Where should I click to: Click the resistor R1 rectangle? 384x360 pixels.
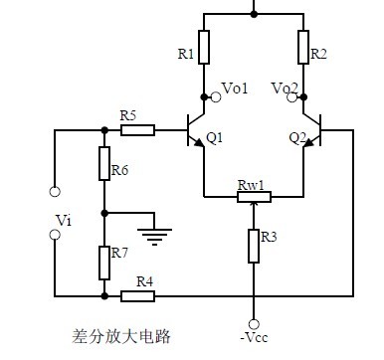click(x=204, y=47)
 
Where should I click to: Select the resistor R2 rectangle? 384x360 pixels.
click(x=303, y=47)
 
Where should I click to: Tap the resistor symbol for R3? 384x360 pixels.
click(x=254, y=246)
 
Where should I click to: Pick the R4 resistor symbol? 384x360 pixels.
click(x=137, y=296)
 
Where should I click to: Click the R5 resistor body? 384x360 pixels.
click(x=137, y=130)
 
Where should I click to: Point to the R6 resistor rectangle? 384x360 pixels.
click(x=104, y=163)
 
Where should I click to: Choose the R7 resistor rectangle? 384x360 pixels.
click(x=104, y=263)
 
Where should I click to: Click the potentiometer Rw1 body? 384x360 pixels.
click(x=254, y=197)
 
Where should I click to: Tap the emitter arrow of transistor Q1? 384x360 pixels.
click(x=199, y=142)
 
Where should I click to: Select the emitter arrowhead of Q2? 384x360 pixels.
click(x=308, y=142)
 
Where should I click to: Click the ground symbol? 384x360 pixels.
click(x=154, y=237)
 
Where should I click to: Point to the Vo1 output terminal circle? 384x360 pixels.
click(x=216, y=97)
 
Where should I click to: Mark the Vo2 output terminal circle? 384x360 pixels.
click(x=292, y=97)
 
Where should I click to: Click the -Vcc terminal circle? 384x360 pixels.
click(x=254, y=324)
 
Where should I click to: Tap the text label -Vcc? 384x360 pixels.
click(x=254, y=338)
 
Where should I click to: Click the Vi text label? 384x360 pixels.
click(x=64, y=220)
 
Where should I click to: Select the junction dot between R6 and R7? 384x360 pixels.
click(x=104, y=213)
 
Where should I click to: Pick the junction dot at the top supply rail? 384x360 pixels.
click(x=254, y=14)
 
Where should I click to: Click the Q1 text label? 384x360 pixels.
click(x=214, y=138)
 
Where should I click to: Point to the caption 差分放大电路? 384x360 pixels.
click(x=121, y=336)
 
